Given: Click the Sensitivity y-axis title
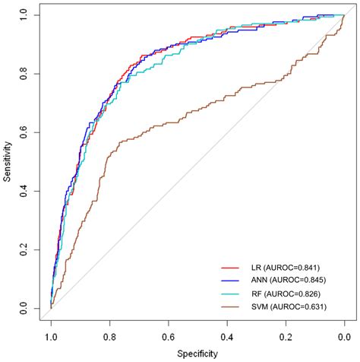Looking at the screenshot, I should pyautogui.click(x=7, y=161).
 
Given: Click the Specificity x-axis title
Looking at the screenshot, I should pyautogui.click(x=197, y=354).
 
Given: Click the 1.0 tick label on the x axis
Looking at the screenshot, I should pyautogui.click(x=51, y=335).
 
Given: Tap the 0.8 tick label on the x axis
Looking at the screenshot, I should pyautogui.click(x=109, y=335).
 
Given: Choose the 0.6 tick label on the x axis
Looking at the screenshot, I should pyautogui.click(x=168, y=335).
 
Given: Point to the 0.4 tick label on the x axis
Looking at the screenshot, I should pyautogui.click(x=227, y=335).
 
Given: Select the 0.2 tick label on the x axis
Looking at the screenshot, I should pyautogui.click(x=286, y=335).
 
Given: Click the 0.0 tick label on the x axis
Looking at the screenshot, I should pyautogui.click(x=344, y=335).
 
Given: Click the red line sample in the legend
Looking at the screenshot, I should pyautogui.click(x=231, y=268).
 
